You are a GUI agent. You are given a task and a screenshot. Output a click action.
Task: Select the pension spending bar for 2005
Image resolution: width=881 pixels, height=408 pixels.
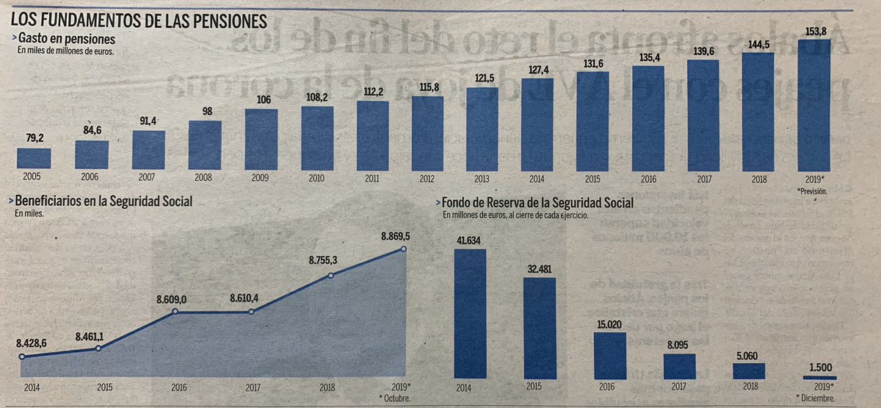tap(34, 159)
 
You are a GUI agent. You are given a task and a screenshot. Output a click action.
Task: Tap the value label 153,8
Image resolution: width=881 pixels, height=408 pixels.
tap(813, 31)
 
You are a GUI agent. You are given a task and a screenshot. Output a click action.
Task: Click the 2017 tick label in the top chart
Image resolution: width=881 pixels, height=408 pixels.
tap(703, 179)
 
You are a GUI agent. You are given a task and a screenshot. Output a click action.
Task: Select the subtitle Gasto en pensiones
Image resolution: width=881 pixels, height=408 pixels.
tap(66, 38)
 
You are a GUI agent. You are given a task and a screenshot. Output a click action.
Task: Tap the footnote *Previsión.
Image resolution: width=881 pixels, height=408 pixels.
tap(813, 190)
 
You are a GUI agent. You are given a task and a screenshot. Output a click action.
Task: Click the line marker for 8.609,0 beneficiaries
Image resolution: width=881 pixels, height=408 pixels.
tap(175, 312)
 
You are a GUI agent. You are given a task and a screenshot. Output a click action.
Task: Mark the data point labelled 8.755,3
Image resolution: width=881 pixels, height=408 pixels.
tap(330, 276)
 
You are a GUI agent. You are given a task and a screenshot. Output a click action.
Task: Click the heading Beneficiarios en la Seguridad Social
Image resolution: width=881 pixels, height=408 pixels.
tap(103, 201)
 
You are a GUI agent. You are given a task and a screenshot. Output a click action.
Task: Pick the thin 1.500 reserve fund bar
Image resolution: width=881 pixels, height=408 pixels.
tap(820, 378)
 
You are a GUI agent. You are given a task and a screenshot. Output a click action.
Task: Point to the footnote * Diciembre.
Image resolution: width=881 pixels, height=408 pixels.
tap(820, 398)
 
